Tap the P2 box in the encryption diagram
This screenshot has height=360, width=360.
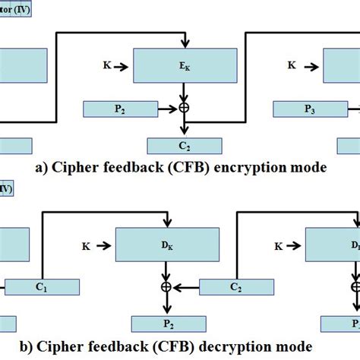tap(121, 109)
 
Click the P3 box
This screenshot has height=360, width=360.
tap(310, 109)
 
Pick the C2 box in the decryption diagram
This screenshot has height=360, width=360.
tap(235, 288)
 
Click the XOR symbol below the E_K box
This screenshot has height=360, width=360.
tap(182, 109)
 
